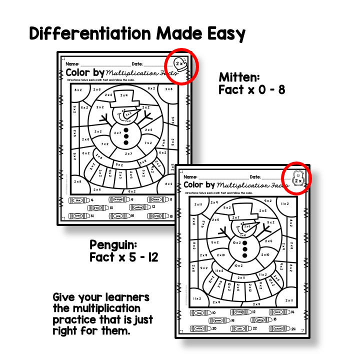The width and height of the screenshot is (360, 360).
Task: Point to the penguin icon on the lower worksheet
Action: [x=297, y=177]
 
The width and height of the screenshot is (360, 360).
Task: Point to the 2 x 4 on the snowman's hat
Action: [x=122, y=95]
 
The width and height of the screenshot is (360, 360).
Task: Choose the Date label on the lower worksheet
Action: [x=255, y=177]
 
